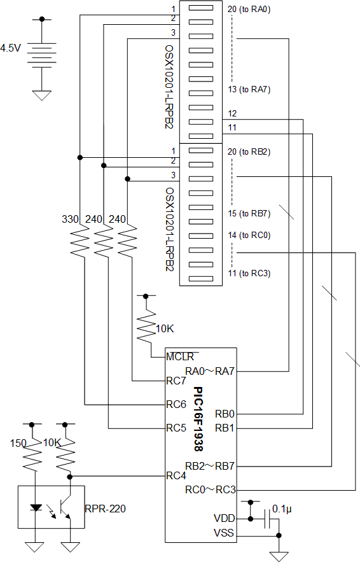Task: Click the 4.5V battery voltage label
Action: point(10,48)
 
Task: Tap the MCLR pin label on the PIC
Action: point(180,357)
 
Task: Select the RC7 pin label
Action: point(176,381)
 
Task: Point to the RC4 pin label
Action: point(176,476)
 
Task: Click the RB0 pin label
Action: point(225,414)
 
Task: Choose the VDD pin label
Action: point(225,519)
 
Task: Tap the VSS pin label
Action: point(224,533)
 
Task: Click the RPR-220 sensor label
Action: point(106,509)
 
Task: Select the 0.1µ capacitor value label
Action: point(282,509)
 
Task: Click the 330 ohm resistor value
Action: point(70,219)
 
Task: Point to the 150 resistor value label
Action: point(18,444)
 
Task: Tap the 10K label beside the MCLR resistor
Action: point(165,329)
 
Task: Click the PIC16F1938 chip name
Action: point(198,419)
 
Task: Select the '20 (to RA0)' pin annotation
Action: point(249,10)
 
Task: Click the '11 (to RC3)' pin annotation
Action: point(249,274)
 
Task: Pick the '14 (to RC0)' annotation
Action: point(249,235)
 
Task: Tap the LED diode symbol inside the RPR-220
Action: point(36,507)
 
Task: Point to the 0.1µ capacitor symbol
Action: point(267,519)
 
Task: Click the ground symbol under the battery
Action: point(42,95)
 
